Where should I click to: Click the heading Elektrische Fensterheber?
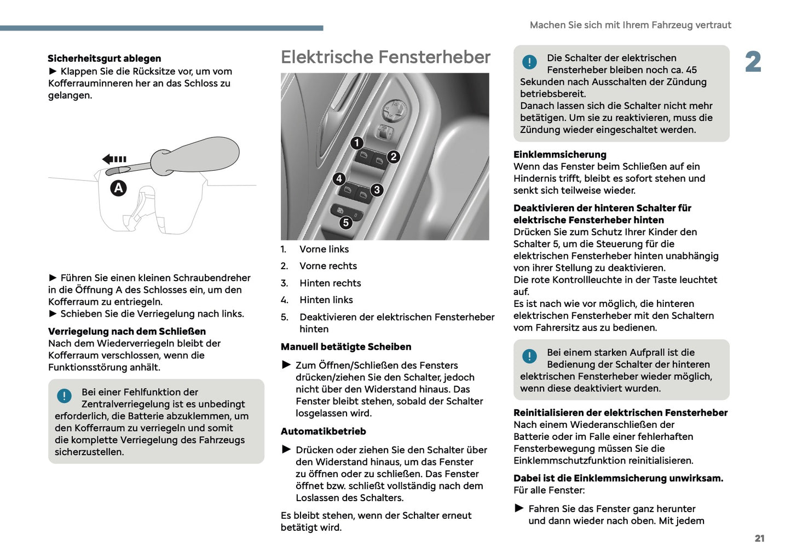pos(385,57)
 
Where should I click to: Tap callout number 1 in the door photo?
pos(357,143)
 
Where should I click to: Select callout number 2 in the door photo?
pos(393,157)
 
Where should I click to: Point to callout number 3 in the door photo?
pos(377,190)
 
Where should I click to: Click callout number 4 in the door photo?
pos(339,178)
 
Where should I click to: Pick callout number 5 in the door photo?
pos(345,222)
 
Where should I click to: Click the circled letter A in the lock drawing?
pos(119,188)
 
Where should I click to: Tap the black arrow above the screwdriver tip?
pos(114,159)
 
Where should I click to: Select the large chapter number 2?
pos(753,62)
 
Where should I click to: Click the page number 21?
pos(759,538)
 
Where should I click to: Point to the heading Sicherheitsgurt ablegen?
pos(104,59)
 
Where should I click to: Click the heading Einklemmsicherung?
pos(559,155)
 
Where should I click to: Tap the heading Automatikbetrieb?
pos(323,432)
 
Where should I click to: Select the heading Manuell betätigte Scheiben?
pos(345,347)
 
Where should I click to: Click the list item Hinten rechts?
pos(330,283)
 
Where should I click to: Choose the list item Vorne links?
pos(324,250)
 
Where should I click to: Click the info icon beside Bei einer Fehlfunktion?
pos(64,396)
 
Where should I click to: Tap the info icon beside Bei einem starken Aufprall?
pos(529,356)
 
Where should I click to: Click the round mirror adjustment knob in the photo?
pos(394,111)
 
